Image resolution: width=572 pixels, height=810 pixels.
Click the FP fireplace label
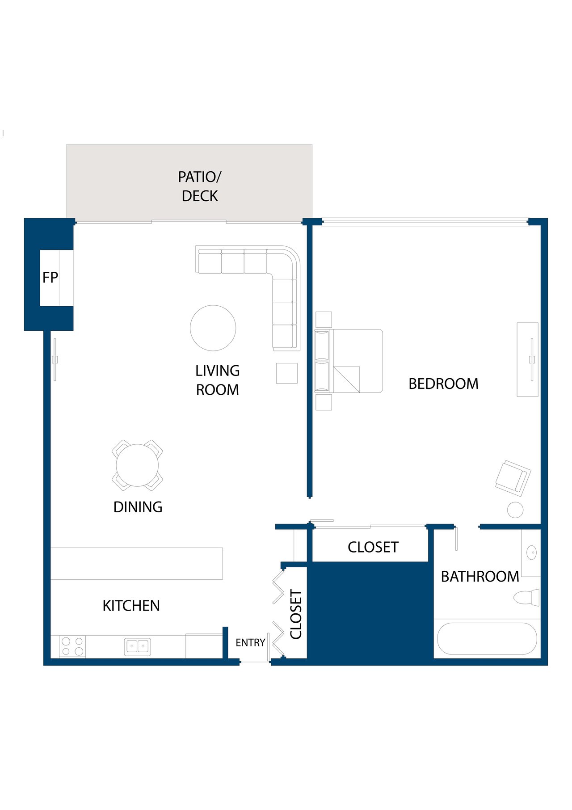pyautogui.click(x=50, y=278)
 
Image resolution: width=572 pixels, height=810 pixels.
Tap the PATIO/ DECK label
pyautogui.click(x=200, y=186)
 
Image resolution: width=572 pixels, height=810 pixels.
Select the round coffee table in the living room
pyautogui.click(x=213, y=328)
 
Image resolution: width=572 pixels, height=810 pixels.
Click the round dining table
pyautogui.click(x=137, y=465)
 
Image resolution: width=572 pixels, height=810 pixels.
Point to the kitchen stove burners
pyautogui.click(x=72, y=646)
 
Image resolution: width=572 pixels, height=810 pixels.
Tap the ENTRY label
pyautogui.click(x=250, y=642)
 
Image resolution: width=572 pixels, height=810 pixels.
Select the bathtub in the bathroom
pyautogui.click(x=487, y=638)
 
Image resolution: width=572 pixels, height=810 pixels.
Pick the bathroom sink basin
pyautogui.click(x=532, y=553)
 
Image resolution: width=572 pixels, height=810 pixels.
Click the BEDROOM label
pyautogui.click(x=443, y=384)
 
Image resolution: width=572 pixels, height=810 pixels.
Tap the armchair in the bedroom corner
pyautogui.click(x=513, y=478)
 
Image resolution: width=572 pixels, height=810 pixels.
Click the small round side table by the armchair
pyautogui.click(x=515, y=510)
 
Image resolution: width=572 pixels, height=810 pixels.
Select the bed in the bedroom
pyautogui.click(x=349, y=361)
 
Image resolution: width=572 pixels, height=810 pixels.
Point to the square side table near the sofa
pyautogui.click(x=286, y=373)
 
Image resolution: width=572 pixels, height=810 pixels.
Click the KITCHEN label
pyautogui.click(x=131, y=606)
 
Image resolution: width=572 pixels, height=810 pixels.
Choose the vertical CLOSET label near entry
pyautogui.click(x=296, y=614)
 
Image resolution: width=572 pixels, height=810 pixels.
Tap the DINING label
pyautogui.click(x=138, y=507)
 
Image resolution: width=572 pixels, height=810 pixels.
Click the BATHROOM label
pyautogui.click(x=480, y=577)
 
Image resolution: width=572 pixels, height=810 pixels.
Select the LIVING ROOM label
pyautogui.click(x=218, y=380)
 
